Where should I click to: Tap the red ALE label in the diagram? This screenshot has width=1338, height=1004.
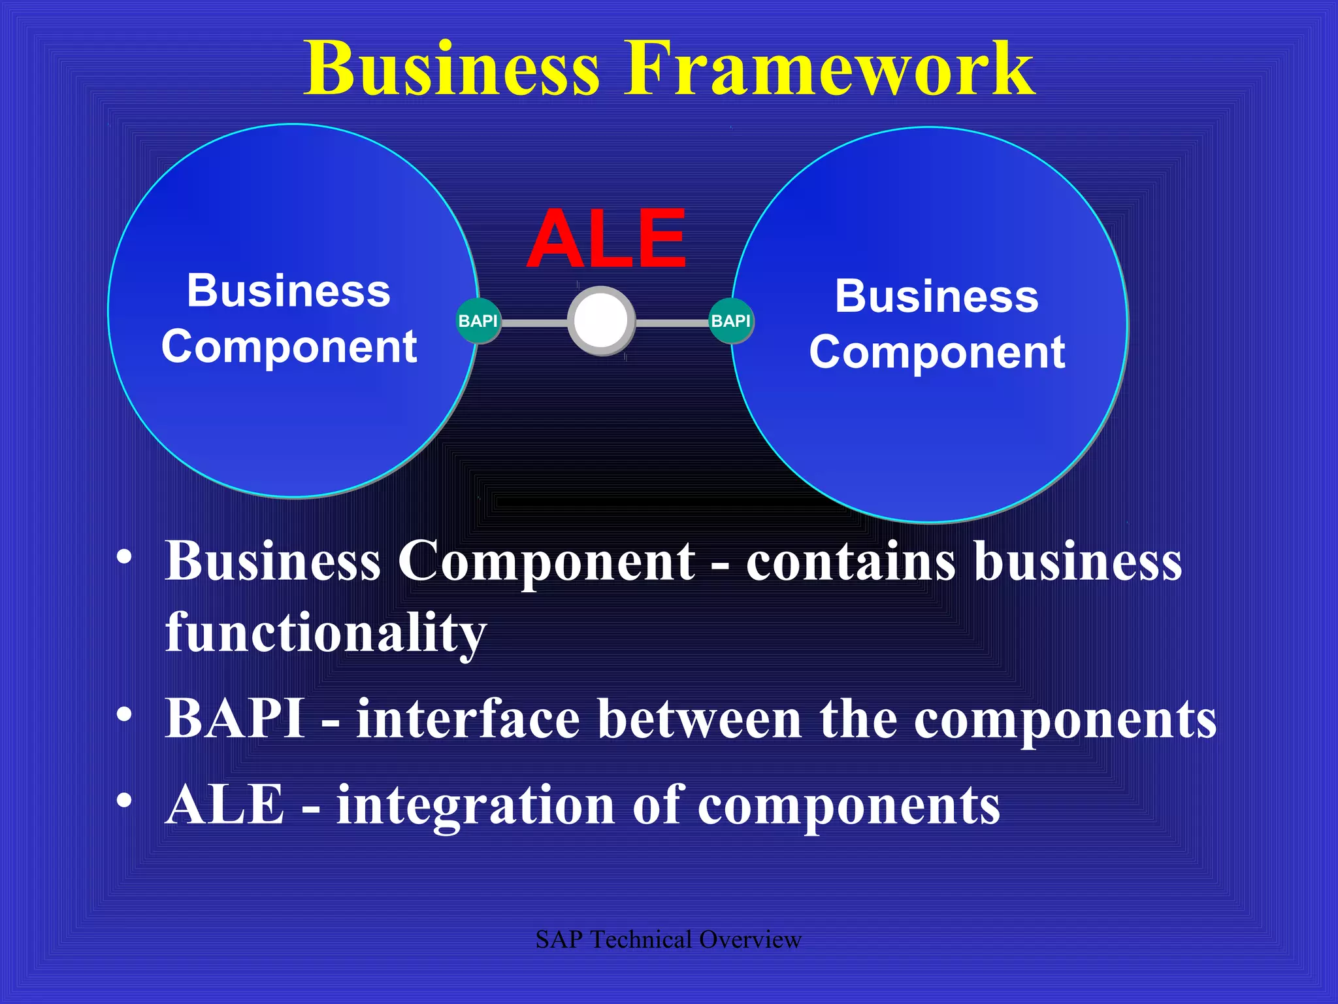pyautogui.click(x=607, y=239)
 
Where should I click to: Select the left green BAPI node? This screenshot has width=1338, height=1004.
pyautogui.click(x=478, y=321)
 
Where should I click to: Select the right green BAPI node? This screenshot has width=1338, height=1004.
pyautogui.click(x=731, y=321)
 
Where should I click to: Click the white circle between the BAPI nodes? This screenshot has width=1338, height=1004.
pyautogui.click(x=601, y=321)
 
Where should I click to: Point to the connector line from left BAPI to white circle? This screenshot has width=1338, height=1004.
pyautogui.click(x=534, y=323)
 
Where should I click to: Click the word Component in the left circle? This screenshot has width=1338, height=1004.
pyautogui.click(x=289, y=346)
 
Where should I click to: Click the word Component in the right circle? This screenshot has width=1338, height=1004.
pyautogui.click(x=937, y=352)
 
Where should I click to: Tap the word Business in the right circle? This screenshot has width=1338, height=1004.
pyautogui.click(x=937, y=296)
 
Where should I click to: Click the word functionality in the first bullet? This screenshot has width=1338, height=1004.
pyautogui.click(x=325, y=632)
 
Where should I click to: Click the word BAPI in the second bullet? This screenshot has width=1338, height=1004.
pyautogui.click(x=235, y=718)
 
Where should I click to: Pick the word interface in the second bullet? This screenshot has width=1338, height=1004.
pyautogui.click(x=468, y=718)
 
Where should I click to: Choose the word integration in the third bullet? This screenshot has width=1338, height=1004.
pyautogui.click(x=475, y=805)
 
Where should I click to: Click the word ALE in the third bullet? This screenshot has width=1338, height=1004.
pyautogui.click(x=225, y=805)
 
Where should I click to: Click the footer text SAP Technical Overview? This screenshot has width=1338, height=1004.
pyautogui.click(x=668, y=939)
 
